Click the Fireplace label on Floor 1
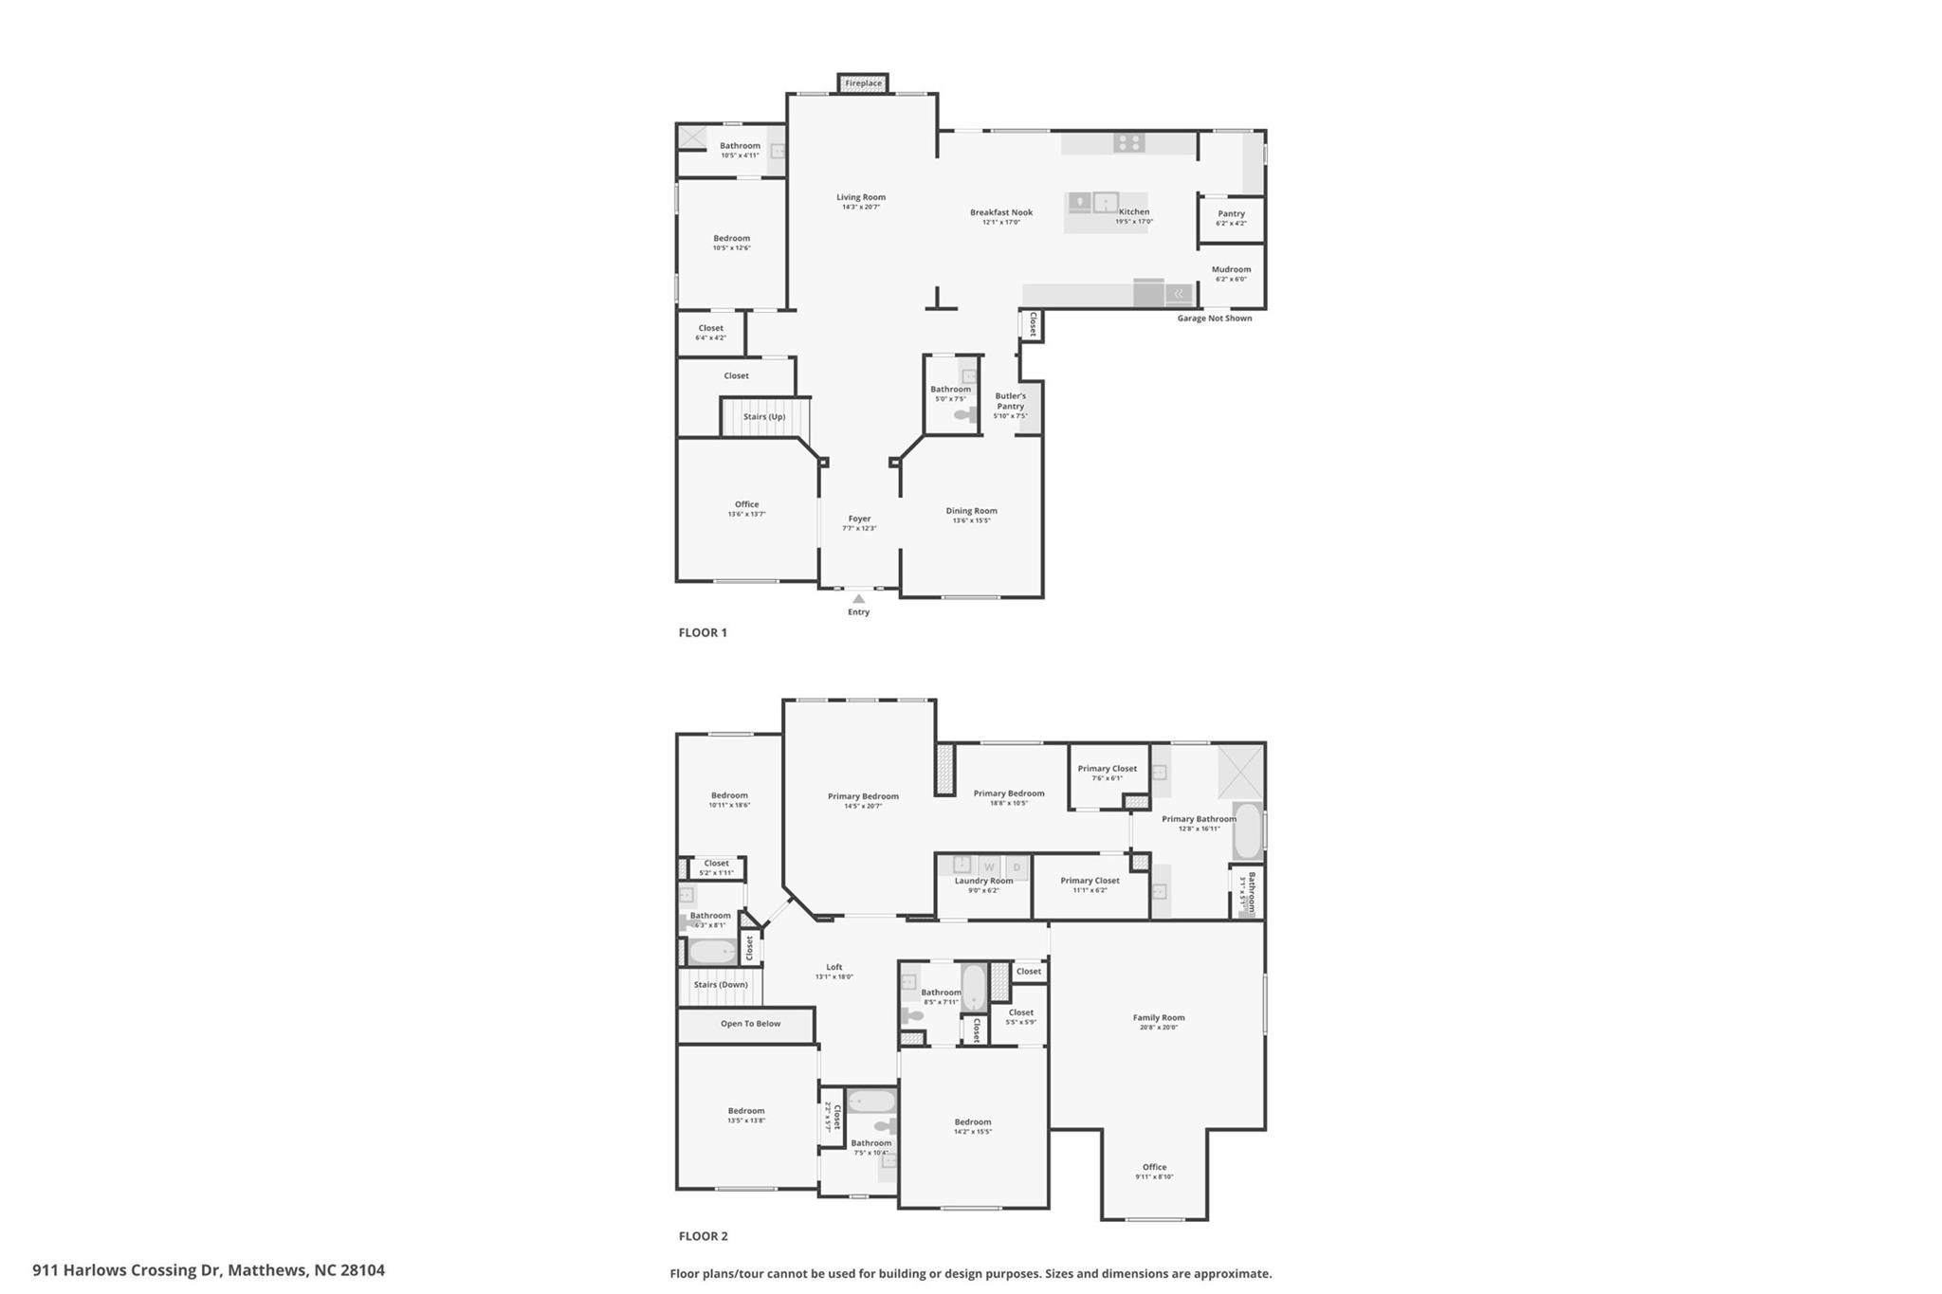(x=863, y=83)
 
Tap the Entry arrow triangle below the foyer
(x=858, y=599)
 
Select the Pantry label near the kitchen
(x=1231, y=214)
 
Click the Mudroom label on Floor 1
(x=1231, y=269)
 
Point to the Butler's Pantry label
(x=1010, y=401)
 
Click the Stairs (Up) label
(x=763, y=417)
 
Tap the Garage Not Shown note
(x=1214, y=319)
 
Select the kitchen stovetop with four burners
(x=1128, y=143)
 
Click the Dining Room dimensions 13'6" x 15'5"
(x=971, y=520)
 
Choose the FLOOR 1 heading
(x=703, y=632)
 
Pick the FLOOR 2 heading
(x=703, y=1236)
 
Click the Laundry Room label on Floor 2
(x=983, y=881)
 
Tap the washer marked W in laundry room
(x=989, y=866)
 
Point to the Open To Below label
(x=750, y=1024)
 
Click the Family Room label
(x=1158, y=1018)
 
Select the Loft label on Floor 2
(x=834, y=968)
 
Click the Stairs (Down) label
(x=721, y=985)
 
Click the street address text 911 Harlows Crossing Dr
(x=209, y=1270)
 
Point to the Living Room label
(x=860, y=198)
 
